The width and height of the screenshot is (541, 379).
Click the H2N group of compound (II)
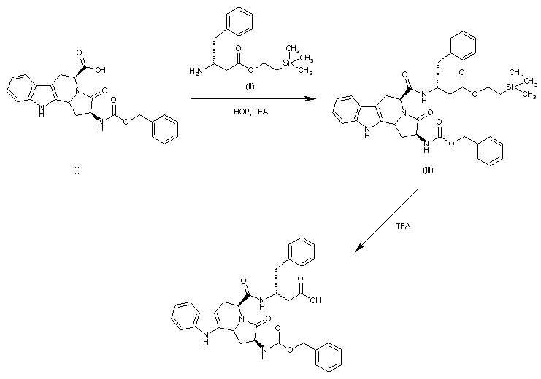195,70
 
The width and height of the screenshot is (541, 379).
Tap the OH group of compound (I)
98,71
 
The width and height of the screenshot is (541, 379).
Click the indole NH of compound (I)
18,111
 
